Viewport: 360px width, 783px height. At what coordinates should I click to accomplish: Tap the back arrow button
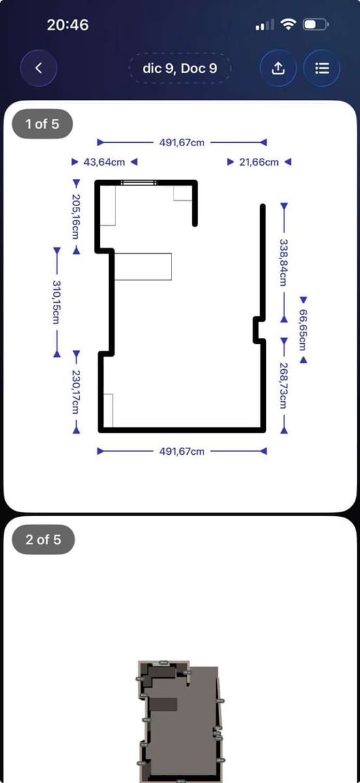pos(38,68)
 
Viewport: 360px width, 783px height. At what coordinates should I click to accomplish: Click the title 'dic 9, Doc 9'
pos(180,68)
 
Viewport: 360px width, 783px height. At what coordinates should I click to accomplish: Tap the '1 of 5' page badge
pos(42,123)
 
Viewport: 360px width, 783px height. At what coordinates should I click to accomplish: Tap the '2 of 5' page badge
pos(43,540)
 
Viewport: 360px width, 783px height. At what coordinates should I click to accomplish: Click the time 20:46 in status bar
pos(68,25)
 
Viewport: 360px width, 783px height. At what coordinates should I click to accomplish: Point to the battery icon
pos(318,25)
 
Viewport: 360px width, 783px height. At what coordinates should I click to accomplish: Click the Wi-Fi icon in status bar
pos(288,25)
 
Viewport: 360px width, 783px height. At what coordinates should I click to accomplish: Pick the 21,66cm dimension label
pos(259,161)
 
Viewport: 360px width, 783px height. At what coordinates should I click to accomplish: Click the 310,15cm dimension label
pos(57,301)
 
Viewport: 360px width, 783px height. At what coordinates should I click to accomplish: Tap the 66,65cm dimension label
pos(303,330)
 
